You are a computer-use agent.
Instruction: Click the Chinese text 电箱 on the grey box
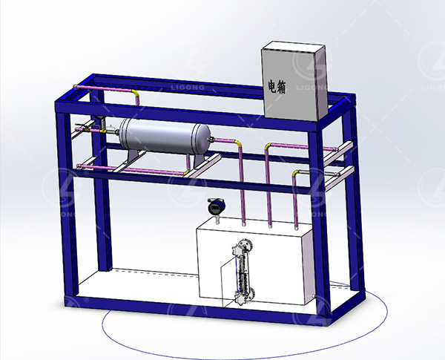coord(277,86)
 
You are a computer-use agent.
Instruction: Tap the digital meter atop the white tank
coord(217,207)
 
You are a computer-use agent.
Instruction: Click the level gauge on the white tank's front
coord(243,272)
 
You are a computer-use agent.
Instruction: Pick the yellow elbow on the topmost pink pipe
coord(136,93)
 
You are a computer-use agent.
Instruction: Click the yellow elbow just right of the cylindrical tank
coord(238,143)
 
